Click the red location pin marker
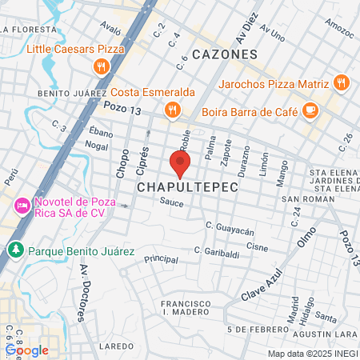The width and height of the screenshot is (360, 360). point(180,164)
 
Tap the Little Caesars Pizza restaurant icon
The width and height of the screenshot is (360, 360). point(101,67)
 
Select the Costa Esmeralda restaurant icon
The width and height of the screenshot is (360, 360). point(170,110)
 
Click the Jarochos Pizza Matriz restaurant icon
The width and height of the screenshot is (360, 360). point(342,82)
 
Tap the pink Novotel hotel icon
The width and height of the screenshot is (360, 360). point(22,206)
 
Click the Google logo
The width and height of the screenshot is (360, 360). point(26,350)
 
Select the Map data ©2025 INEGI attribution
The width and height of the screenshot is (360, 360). point(312,354)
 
